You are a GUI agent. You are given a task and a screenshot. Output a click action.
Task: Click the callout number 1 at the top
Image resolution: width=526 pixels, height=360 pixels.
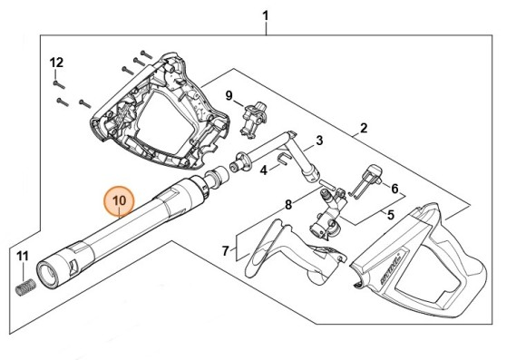click(x=266, y=15)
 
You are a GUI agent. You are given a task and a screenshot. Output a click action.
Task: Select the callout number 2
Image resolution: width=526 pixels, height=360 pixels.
click(x=364, y=128)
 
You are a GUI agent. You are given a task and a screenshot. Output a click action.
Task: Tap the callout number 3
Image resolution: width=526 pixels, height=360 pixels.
click(x=319, y=141)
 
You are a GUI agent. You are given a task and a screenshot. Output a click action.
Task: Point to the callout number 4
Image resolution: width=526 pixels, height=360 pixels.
click(x=264, y=170)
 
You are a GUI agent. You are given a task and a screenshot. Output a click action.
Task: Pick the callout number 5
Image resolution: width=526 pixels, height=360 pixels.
click(x=391, y=215)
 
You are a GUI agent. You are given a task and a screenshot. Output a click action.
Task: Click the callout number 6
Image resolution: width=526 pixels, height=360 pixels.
click(x=394, y=189)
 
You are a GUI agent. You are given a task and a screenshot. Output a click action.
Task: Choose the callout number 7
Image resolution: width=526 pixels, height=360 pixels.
click(x=226, y=250)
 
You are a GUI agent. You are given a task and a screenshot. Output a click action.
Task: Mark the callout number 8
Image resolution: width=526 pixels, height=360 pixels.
click(x=288, y=204)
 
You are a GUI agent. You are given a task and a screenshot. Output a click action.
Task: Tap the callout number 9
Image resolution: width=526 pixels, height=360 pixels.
click(x=229, y=95)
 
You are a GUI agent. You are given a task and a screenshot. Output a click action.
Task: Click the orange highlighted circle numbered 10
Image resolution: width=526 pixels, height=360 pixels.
click(x=120, y=201)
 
